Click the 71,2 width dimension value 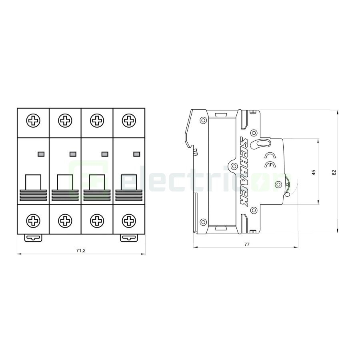click(x=81, y=250)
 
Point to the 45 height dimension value click(x=314, y=172)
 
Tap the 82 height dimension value click(x=334, y=172)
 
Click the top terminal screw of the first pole click(x=33, y=120)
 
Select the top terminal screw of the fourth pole click(x=128, y=120)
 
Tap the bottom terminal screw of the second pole click(x=65, y=220)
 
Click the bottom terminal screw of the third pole click(x=96, y=220)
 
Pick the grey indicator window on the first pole click(x=41, y=154)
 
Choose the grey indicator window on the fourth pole click(x=136, y=154)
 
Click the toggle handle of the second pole click(x=65, y=182)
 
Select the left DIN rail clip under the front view click(x=33, y=238)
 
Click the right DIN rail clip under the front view click(x=128, y=238)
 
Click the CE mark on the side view click(x=270, y=160)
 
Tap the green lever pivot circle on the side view click(x=279, y=184)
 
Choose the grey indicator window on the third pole click(x=105, y=154)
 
